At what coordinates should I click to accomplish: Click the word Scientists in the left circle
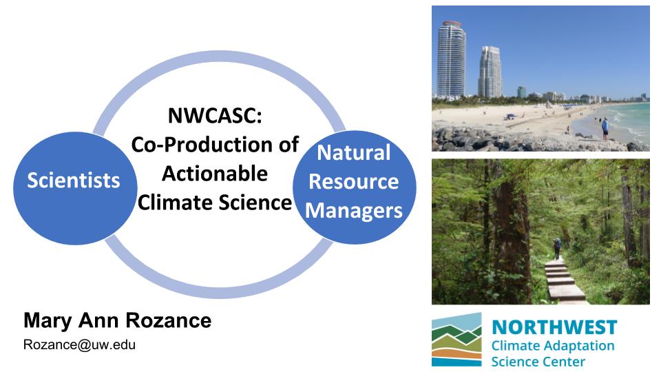click(x=74, y=180)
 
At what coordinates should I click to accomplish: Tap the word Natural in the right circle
click(x=354, y=152)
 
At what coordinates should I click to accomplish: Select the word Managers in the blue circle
click(x=354, y=211)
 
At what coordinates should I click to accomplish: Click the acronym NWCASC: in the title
click(x=215, y=115)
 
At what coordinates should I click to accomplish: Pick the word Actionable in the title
click(x=215, y=174)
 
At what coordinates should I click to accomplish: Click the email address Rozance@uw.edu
click(x=79, y=344)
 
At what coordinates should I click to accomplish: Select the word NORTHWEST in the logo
click(x=554, y=327)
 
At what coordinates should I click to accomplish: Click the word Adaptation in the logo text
click(x=578, y=347)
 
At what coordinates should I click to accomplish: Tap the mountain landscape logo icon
click(x=457, y=340)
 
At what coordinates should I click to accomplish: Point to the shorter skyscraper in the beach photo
click(x=490, y=72)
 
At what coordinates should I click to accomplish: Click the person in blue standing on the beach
click(x=605, y=129)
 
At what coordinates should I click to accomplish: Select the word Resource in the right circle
click(x=354, y=182)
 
